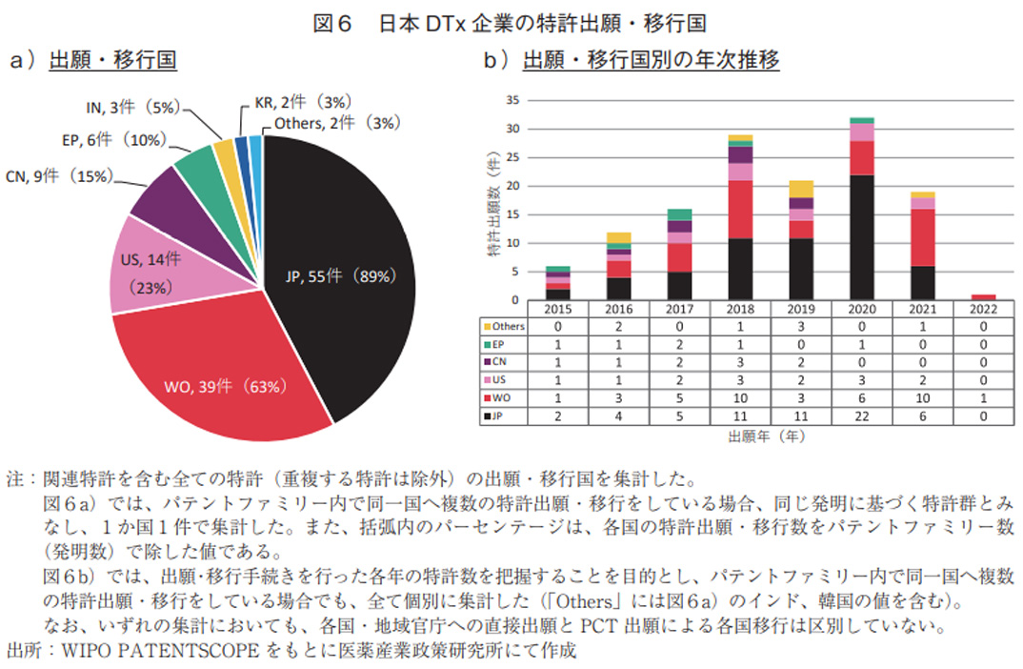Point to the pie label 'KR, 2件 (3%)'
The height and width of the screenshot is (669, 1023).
click(304, 101)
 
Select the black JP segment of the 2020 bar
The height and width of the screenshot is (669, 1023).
click(861, 237)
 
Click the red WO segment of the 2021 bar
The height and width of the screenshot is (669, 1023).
click(922, 237)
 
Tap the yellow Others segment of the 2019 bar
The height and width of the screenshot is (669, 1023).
click(801, 189)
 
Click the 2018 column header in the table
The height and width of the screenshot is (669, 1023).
click(740, 310)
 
